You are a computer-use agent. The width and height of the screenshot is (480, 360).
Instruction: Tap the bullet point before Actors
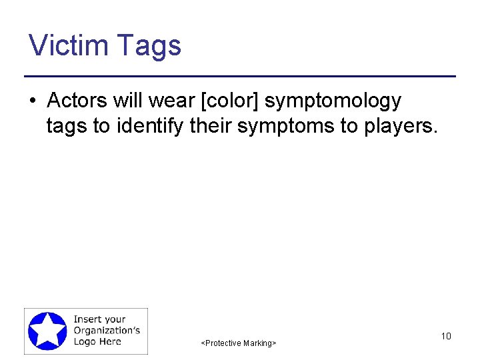click(x=32, y=101)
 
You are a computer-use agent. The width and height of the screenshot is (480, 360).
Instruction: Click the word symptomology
click(x=333, y=101)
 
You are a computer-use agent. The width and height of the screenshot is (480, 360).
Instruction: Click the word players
click(x=400, y=126)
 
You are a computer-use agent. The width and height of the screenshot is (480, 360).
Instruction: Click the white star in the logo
click(x=47, y=331)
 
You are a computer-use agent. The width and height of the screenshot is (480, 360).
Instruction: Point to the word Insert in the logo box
click(x=89, y=319)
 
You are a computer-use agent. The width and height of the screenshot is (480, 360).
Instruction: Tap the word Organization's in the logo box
click(x=107, y=331)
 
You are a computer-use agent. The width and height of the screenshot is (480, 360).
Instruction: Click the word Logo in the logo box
click(x=85, y=341)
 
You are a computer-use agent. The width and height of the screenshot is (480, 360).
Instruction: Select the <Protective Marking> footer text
click(x=238, y=343)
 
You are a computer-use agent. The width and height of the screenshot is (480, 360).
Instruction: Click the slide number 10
click(x=446, y=336)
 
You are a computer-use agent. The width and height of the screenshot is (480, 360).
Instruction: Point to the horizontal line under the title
click(x=240, y=76)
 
